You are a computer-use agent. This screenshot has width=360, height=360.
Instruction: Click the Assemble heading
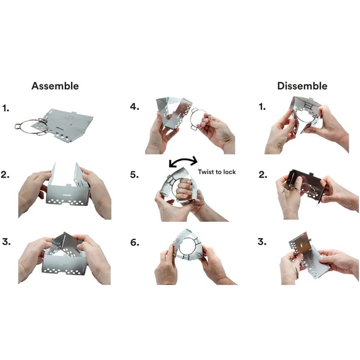coord(55,86)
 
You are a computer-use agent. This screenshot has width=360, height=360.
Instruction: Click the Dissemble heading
coord(302,86)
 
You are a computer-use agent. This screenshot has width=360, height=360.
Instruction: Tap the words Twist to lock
coord(217,172)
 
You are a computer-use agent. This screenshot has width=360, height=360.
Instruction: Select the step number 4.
coord(135,106)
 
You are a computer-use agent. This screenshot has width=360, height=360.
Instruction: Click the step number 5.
coord(134,174)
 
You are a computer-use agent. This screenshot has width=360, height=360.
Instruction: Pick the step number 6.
coord(135,242)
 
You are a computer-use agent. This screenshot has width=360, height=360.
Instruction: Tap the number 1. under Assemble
coord(6,108)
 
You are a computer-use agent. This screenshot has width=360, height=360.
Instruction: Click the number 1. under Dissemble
coord(262,106)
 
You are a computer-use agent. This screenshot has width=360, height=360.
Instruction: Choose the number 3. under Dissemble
coord(262,242)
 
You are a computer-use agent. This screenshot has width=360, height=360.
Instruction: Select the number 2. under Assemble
coord(5,174)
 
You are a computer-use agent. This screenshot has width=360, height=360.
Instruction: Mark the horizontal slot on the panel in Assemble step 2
coord(67,195)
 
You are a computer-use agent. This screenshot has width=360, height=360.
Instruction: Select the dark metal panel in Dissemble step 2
coord(303,184)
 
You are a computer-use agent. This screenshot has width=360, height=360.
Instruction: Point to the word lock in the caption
coord(229,172)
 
